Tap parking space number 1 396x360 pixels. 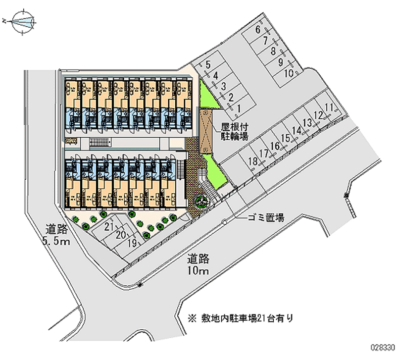pos(239,108)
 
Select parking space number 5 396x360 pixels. pos(208,64)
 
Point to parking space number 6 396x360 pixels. pos(258,30)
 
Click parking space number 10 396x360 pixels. pos(289,73)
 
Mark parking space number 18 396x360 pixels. pos(252,161)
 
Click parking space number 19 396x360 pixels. pos(132,243)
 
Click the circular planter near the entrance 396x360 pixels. pos(201,201)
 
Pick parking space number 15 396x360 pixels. pos(286,139)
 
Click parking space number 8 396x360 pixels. pos(273,51)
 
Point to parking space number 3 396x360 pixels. pos(223,86)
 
